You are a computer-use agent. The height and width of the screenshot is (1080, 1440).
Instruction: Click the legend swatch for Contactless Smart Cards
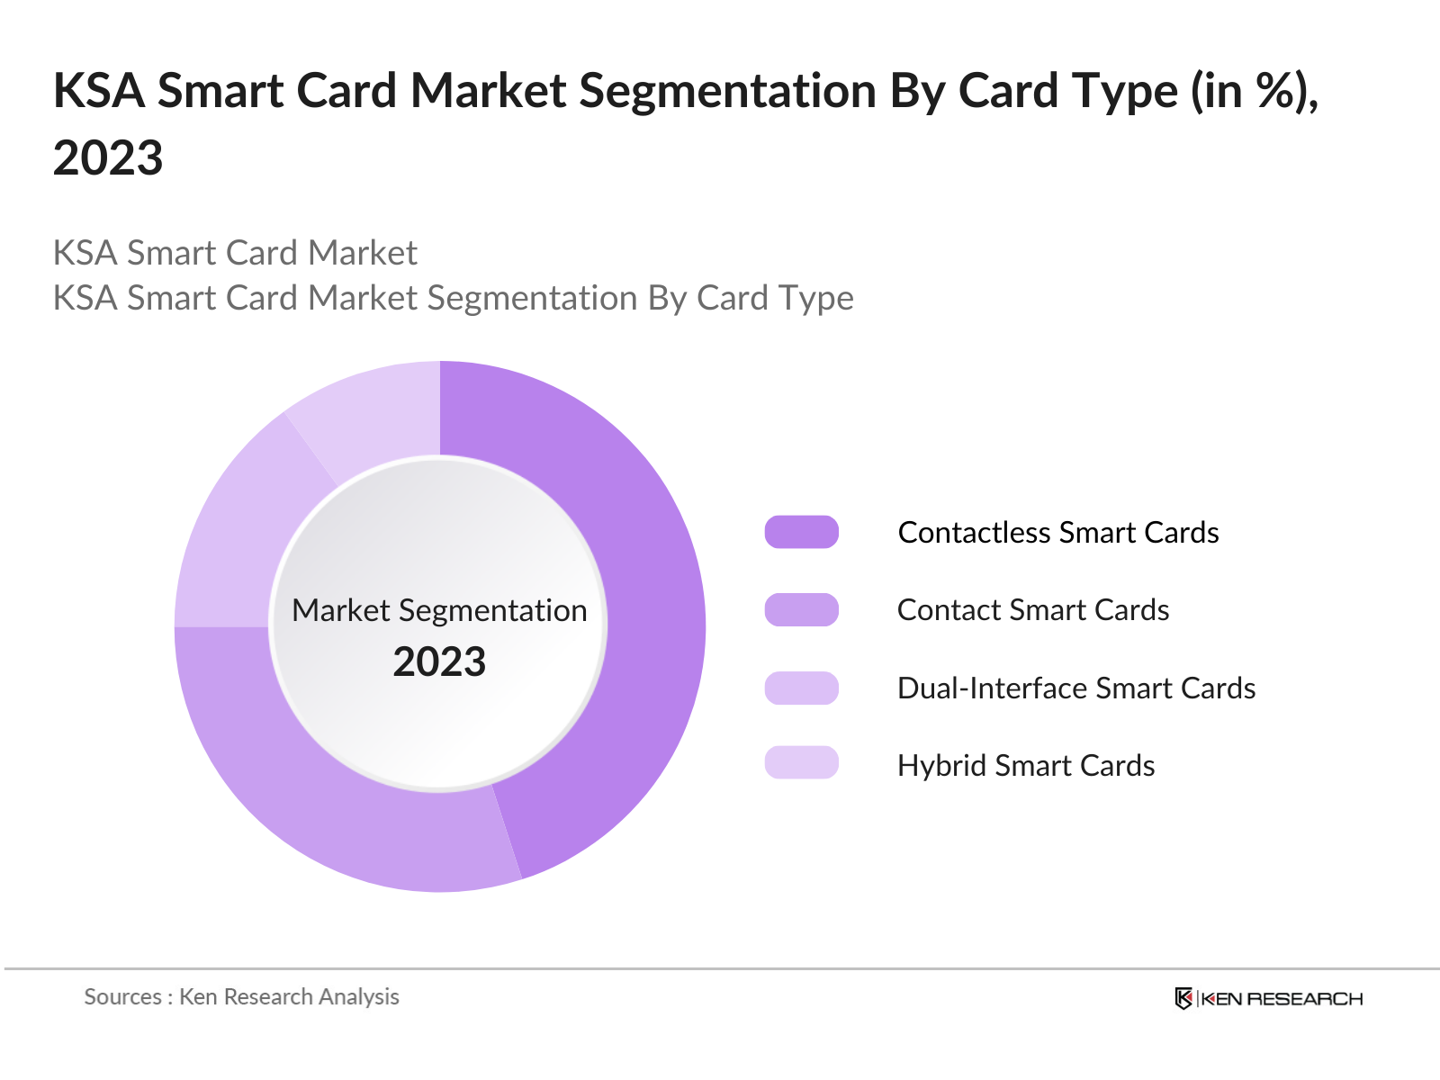pos(801,532)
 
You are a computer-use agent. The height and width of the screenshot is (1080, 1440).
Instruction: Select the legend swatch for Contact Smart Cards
pos(801,609)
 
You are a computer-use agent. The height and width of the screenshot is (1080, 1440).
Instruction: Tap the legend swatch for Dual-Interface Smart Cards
pos(801,688)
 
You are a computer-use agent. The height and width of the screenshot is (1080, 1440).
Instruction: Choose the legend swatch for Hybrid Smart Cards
pos(801,763)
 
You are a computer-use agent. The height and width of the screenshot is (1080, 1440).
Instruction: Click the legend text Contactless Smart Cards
pos(1058,532)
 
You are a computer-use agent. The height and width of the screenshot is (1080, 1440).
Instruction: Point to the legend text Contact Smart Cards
pos(1033,609)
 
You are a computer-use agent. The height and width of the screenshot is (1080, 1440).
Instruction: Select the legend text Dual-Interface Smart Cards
pos(1076,688)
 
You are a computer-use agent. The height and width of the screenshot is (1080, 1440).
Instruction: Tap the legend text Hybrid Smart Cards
pos(1026,765)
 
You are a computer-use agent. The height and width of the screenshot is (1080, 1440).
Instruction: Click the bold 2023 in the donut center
pos(439,661)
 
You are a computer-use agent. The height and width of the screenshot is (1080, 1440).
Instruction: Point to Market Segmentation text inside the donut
pos(439,610)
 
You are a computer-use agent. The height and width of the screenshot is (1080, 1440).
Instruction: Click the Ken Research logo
pos(1269,998)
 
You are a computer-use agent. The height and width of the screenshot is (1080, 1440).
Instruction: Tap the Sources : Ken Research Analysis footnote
pos(241,996)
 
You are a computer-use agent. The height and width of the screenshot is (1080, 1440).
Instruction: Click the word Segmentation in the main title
pos(727,91)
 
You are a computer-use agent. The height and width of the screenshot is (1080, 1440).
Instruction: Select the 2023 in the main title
pos(108,157)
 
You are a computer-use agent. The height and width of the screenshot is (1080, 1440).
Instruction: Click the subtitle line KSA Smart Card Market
pos(235,253)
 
